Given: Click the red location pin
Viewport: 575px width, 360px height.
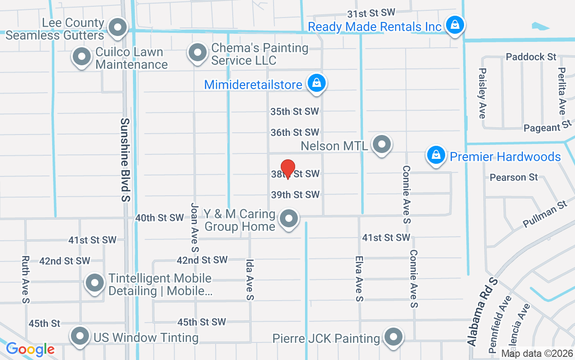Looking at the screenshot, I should tap(287, 169).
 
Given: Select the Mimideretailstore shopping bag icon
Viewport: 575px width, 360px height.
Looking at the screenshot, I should tap(317, 83).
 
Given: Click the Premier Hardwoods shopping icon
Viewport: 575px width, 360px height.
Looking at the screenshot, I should tap(435, 155).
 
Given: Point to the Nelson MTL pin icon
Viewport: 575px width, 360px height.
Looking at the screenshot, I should tap(382, 144).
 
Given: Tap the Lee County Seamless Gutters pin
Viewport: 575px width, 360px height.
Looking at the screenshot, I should tap(118, 27).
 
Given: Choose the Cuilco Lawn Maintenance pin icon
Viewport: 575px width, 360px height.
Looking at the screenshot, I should tap(82, 57).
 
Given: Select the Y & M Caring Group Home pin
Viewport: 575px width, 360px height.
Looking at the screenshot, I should tap(289, 219).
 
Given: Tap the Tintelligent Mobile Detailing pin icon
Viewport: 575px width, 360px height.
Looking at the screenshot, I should tap(94, 283).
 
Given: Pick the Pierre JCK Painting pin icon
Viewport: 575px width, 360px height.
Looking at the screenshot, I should tap(394, 336).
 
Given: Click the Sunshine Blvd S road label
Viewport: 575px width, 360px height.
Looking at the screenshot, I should tap(125, 159).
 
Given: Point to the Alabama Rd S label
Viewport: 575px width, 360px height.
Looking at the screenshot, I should tap(483, 311).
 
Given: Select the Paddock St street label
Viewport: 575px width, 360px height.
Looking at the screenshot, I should tap(531, 57).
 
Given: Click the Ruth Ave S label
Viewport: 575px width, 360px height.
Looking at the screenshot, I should tap(25, 279).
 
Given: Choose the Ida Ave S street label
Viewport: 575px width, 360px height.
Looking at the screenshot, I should tap(250, 279).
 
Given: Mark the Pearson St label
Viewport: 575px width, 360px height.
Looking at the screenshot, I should tap(513, 177).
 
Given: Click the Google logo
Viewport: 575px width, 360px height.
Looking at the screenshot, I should tap(30, 349).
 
